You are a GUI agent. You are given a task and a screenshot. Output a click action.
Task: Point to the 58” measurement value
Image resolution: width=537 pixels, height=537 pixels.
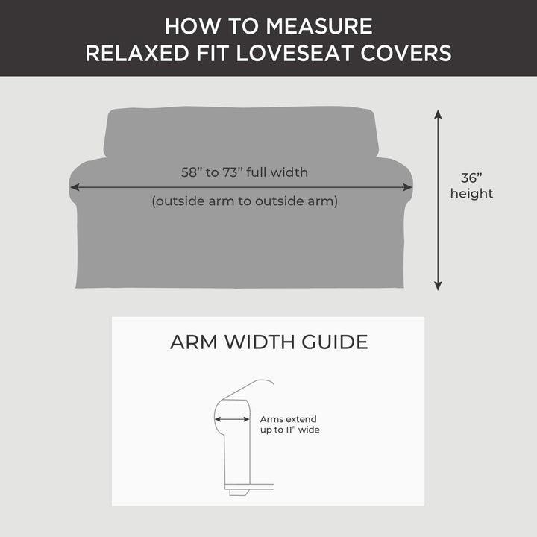[x=192, y=172]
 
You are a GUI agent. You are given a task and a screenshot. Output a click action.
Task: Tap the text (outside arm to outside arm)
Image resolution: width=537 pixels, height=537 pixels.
[x=245, y=201]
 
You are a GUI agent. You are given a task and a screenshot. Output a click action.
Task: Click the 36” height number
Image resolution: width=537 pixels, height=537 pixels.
[x=471, y=178]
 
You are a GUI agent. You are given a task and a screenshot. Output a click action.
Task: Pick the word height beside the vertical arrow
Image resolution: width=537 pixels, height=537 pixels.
[x=471, y=194]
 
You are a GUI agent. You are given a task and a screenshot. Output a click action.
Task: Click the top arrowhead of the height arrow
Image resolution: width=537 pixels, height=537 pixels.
[x=438, y=115]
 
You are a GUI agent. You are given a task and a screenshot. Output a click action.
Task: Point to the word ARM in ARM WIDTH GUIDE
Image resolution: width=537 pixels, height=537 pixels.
[x=190, y=342]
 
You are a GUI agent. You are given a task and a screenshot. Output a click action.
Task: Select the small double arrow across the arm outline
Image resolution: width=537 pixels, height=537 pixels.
[x=233, y=419]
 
